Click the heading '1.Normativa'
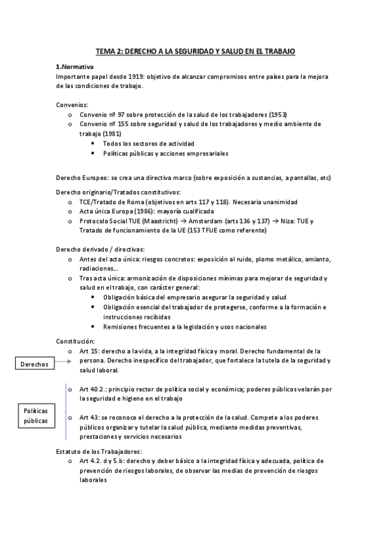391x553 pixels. pyautogui.click(x=74, y=67)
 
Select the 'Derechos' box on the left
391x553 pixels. pyautogui.click(x=34, y=364)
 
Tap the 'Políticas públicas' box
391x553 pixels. pyautogui.click(x=35, y=417)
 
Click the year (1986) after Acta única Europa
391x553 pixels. pyautogui.click(x=145, y=211)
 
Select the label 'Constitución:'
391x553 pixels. pyautogui.click(x=76, y=341)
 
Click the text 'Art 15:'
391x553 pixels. pyautogui.click(x=90, y=351)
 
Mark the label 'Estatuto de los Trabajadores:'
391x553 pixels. pyautogui.click(x=99, y=451)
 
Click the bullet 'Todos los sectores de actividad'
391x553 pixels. pyautogui.click(x=148, y=143)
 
